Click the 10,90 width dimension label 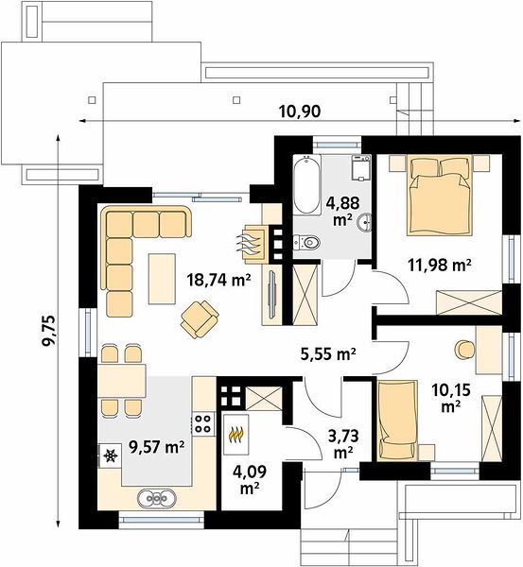[x=299, y=112]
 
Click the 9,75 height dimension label [x=49, y=332]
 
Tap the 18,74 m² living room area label [x=219, y=279]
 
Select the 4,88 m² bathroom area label [x=342, y=211]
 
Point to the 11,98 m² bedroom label [x=440, y=265]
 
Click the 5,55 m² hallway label [x=328, y=353]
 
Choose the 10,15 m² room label [x=450, y=398]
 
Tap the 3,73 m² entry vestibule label [x=343, y=443]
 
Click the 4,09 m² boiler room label [x=250, y=479]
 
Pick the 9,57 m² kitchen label [x=157, y=447]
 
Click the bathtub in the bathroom [x=307, y=185]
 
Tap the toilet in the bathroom [x=306, y=242]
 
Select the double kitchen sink [x=157, y=498]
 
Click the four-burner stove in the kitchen [x=202, y=423]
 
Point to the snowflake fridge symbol [x=111, y=455]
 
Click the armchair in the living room [x=200, y=319]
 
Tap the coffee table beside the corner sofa [x=162, y=279]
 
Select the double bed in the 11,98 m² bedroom [x=441, y=196]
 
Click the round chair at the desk [x=464, y=350]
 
